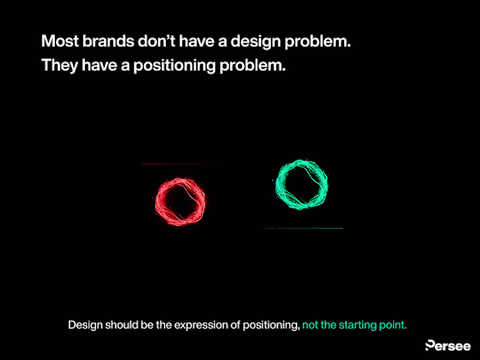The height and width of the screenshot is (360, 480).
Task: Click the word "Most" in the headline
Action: tap(60, 41)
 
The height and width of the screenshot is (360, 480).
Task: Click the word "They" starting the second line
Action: tap(60, 66)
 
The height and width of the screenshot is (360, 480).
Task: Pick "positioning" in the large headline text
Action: tap(174, 66)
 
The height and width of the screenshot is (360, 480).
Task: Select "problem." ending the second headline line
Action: tap(252, 66)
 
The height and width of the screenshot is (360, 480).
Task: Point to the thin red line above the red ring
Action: tap(180, 164)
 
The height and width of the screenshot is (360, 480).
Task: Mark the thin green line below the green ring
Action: tap(303, 228)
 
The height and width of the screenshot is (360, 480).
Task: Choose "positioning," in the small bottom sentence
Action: tap(272, 326)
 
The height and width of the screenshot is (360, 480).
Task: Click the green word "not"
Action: tap(311, 325)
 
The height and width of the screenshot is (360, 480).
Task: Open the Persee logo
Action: tap(448, 346)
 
